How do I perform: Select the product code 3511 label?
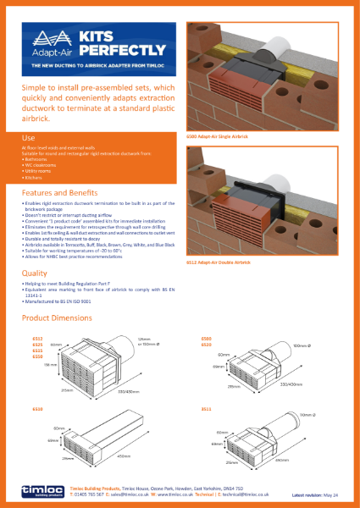[x=206, y=408]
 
